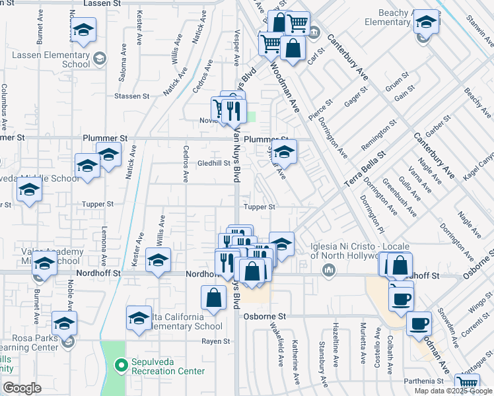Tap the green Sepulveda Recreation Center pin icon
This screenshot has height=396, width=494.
click(x=121, y=364)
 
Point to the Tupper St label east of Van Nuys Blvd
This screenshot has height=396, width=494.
click(x=259, y=207)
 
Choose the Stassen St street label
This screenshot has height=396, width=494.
click(x=131, y=96)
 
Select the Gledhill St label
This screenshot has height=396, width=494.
click(x=213, y=163)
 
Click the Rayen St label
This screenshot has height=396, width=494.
click(x=216, y=341)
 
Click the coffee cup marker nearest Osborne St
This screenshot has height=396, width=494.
click(x=419, y=323)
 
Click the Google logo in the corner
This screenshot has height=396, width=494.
click(x=22, y=388)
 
